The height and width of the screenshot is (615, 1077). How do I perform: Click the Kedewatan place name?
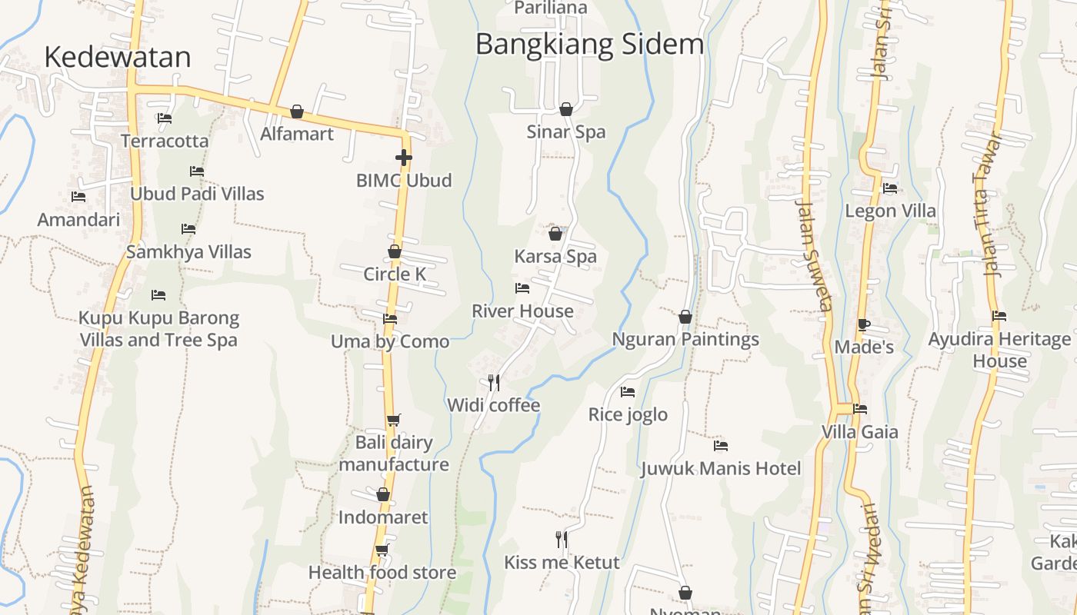117,58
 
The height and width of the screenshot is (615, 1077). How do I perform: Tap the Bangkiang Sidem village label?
589,44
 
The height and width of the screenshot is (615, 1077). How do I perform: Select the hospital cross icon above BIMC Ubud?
403,158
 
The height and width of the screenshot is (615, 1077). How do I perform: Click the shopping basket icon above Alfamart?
297,111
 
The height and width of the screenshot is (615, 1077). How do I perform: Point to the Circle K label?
394,274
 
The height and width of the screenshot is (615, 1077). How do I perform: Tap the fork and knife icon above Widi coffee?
494,381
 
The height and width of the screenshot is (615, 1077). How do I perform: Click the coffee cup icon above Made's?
864,324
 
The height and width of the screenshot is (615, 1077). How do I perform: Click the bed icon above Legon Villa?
890,188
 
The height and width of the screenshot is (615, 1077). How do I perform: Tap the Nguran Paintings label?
685,339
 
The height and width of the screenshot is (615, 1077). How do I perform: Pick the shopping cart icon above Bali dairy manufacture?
393,420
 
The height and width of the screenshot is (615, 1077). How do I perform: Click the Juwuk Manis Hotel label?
720,468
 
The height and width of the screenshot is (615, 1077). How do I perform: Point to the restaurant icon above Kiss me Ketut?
562,539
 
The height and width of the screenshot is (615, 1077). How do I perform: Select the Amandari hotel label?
78,220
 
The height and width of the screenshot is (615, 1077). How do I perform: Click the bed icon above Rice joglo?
628,391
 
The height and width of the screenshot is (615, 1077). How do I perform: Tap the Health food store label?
382,572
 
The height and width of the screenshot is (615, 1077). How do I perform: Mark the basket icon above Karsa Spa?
555,234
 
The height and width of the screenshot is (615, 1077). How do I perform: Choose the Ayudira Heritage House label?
999,350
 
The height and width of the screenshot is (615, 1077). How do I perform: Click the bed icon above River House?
522,288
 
